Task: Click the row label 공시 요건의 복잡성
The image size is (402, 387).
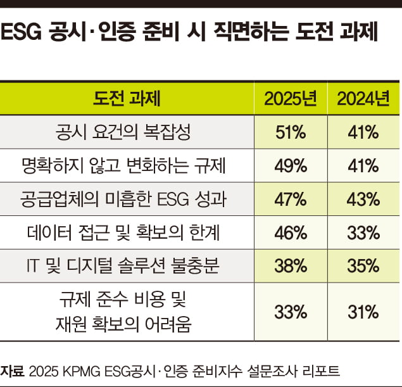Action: (x=127, y=132)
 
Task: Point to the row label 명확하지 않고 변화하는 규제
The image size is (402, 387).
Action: (x=127, y=166)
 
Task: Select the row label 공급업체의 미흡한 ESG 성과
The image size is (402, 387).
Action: (x=127, y=200)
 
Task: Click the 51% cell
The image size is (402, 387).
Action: (x=291, y=132)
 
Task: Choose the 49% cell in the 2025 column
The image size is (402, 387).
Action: (x=291, y=166)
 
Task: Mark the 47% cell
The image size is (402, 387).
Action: (x=291, y=200)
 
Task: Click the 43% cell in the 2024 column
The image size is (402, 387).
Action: (x=363, y=200)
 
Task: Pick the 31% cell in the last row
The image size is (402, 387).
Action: (x=363, y=311)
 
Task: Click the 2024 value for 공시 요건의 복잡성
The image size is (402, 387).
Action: (x=363, y=132)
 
